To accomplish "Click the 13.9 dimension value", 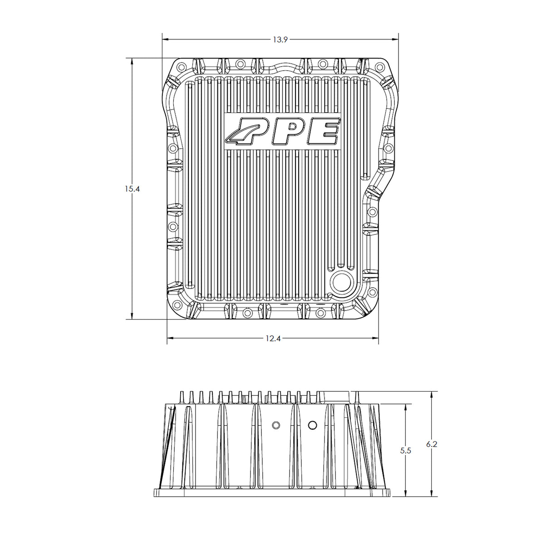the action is (280, 40).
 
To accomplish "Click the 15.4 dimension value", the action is (132, 189).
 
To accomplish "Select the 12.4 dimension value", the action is (273, 339).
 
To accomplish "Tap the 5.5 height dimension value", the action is (405, 451).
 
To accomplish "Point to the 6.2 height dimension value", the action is (432, 444).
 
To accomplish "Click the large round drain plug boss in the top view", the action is (341, 283).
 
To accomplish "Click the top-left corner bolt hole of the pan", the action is (181, 67).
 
